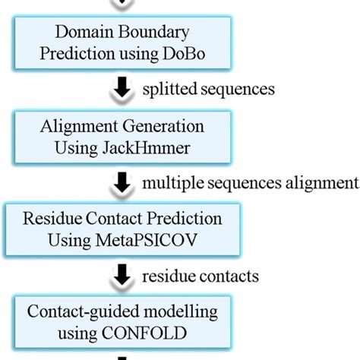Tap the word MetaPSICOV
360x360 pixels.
pyautogui.click(x=163, y=238)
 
